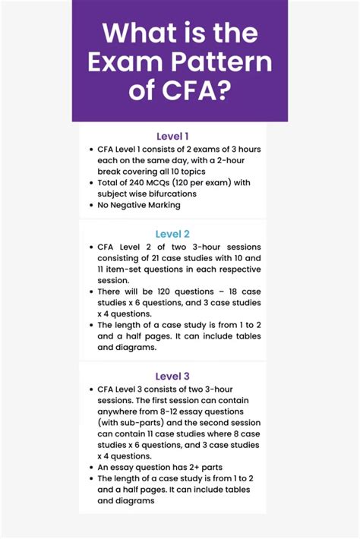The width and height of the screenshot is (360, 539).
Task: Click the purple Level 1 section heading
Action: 172,136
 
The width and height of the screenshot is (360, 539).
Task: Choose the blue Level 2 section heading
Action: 172,234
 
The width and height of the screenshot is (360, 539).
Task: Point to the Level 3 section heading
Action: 172,376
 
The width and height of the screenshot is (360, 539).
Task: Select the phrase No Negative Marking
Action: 139,205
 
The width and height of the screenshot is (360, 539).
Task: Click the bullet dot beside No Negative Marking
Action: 90,205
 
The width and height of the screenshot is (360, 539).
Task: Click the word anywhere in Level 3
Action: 122,411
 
